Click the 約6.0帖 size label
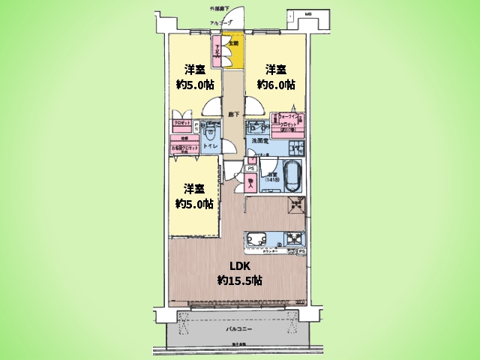(x=276, y=85)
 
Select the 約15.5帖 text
(x=239, y=280)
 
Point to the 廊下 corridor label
(x=233, y=115)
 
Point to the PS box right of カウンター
(x=301, y=251)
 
